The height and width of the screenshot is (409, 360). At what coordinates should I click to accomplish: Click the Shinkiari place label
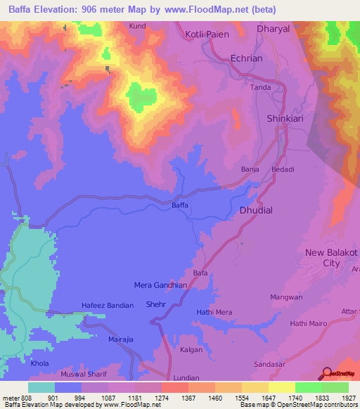click(x=285, y=119)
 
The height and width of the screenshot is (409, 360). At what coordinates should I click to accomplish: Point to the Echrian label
click(x=246, y=59)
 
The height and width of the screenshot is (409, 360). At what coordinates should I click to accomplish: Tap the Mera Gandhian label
click(x=160, y=285)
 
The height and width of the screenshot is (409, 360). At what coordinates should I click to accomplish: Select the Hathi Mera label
click(x=214, y=312)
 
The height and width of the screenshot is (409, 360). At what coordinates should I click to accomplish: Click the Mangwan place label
click(x=285, y=297)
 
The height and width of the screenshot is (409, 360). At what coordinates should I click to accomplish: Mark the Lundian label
click(x=186, y=377)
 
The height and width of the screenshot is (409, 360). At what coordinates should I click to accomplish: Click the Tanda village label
click(x=261, y=88)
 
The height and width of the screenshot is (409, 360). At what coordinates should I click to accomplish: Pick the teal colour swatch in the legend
click(x=41, y=387)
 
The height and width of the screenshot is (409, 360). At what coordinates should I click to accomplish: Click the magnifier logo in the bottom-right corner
click(x=325, y=374)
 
